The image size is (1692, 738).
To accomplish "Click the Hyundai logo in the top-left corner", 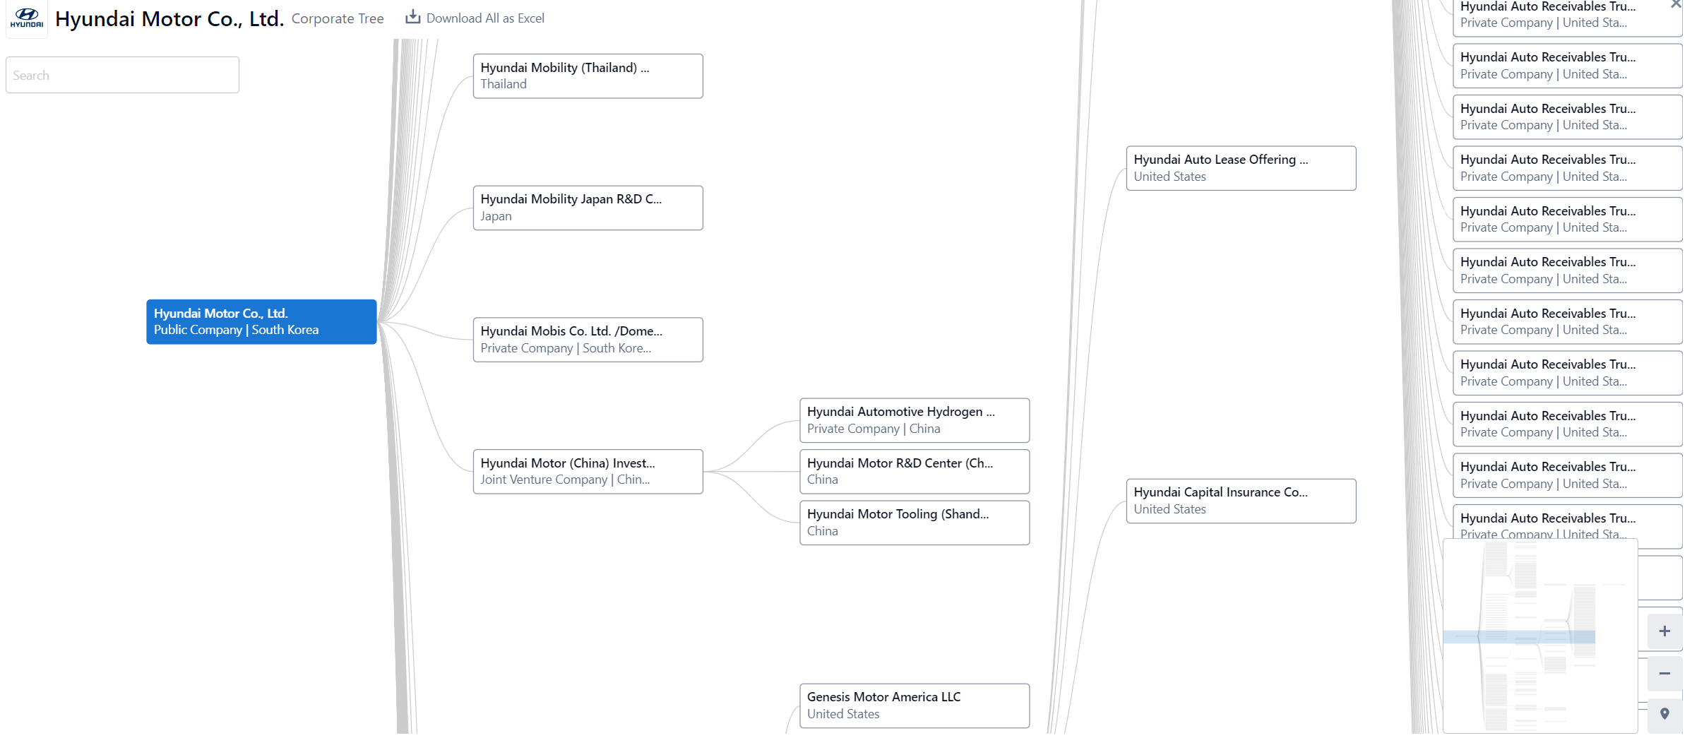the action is click(x=27, y=18).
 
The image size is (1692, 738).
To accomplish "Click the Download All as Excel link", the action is click(x=475, y=18).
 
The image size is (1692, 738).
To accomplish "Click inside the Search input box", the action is click(x=122, y=75).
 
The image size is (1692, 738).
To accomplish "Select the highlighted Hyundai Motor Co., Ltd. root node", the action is click(x=261, y=322).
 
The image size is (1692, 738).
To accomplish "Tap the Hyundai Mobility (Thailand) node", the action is click(x=588, y=76).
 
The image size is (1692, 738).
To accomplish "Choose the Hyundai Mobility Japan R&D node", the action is click(x=588, y=208).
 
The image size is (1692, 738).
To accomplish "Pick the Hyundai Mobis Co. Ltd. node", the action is click(x=588, y=340).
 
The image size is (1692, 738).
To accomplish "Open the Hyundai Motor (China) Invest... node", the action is click(x=588, y=472).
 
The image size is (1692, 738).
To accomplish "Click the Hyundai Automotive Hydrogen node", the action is click(x=914, y=420).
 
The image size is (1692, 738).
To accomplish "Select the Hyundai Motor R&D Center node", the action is click(x=914, y=472).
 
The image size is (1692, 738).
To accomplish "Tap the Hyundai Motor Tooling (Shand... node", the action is click(x=914, y=523).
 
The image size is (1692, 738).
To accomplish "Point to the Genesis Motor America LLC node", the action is click(x=914, y=706).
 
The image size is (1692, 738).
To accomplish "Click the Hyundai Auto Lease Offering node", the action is click(x=1241, y=168).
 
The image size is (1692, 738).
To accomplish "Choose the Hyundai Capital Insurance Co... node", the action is click(x=1241, y=501).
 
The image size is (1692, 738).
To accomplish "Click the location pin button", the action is click(x=1664, y=715).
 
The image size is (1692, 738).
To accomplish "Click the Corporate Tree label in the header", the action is click(x=338, y=18).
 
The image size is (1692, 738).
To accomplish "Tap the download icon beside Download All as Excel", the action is click(x=413, y=17).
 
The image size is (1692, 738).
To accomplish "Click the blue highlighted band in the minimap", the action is click(x=1519, y=636).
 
